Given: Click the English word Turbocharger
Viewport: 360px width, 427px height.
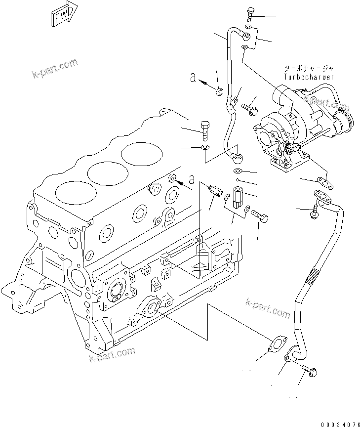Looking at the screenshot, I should tap(309, 77).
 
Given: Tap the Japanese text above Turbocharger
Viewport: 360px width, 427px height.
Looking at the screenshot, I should tap(309, 69).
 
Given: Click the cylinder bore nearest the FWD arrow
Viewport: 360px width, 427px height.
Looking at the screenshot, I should tap(142, 153).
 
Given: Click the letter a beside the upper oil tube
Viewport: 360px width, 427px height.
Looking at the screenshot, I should tap(194, 77).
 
